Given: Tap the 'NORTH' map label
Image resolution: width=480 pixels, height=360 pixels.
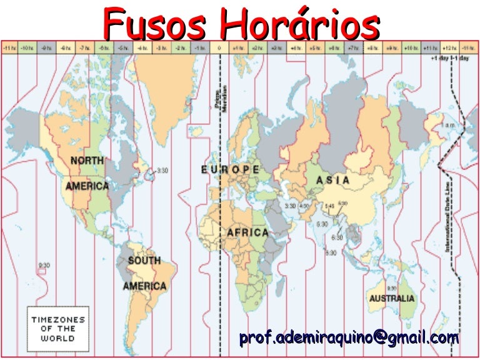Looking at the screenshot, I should (x=87, y=161).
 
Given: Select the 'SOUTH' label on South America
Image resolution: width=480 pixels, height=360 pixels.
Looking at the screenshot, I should (x=144, y=260).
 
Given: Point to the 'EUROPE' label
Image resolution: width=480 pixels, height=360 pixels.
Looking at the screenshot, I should (x=231, y=169).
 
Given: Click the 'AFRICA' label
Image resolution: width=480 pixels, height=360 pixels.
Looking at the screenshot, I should (x=247, y=232).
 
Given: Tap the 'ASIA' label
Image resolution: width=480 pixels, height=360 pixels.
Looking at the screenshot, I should (x=333, y=181).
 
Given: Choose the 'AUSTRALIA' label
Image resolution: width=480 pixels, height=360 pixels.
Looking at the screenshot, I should (x=391, y=298).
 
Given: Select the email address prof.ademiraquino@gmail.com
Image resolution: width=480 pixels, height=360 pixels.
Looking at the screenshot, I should (x=349, y=338).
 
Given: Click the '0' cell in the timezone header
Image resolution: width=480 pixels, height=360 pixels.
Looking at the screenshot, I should (x=219, y=47).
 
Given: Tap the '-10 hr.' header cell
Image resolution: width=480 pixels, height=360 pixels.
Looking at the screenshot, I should (x=27, y=47).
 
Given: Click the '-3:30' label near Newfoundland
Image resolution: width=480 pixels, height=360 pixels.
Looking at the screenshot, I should (x=162, y=170).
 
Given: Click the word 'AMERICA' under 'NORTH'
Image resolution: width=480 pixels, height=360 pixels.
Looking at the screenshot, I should (x=87, y=186).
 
